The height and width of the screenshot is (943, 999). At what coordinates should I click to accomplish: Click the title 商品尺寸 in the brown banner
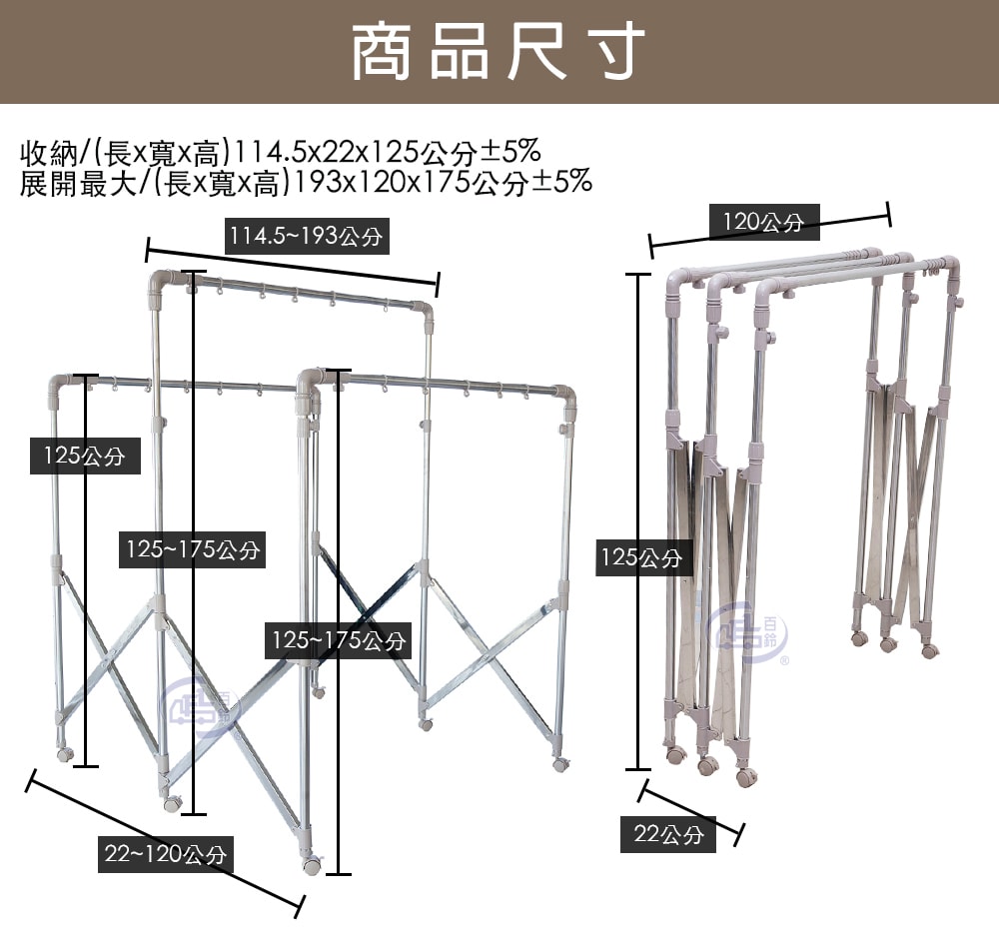point(499,51)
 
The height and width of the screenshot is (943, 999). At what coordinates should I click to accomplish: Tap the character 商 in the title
point(381,51)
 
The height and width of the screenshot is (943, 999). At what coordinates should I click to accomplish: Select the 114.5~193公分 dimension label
point(307,237)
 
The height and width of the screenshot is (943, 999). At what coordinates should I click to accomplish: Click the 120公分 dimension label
point(764,222)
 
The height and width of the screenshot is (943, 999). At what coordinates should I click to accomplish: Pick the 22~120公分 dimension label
point(166,854)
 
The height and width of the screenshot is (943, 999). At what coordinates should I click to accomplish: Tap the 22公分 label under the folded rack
point(668,834)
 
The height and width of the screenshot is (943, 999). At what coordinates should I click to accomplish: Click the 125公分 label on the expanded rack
point(85,456)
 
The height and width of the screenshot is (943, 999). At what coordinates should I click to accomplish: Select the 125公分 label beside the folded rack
point(643,558)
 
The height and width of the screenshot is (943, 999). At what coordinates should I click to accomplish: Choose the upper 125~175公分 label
point(193,549)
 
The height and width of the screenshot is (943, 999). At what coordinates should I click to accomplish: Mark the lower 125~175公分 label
point(339,640)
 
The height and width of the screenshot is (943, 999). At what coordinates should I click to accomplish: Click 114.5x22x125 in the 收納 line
point(328,152)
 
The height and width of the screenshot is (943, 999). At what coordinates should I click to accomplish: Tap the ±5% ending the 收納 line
point(510,152)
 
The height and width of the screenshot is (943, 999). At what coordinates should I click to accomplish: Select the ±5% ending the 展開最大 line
point(561,183)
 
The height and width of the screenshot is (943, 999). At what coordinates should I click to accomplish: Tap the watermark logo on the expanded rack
point(203,704)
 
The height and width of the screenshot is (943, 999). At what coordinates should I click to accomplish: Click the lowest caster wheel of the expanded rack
point(312,865)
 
